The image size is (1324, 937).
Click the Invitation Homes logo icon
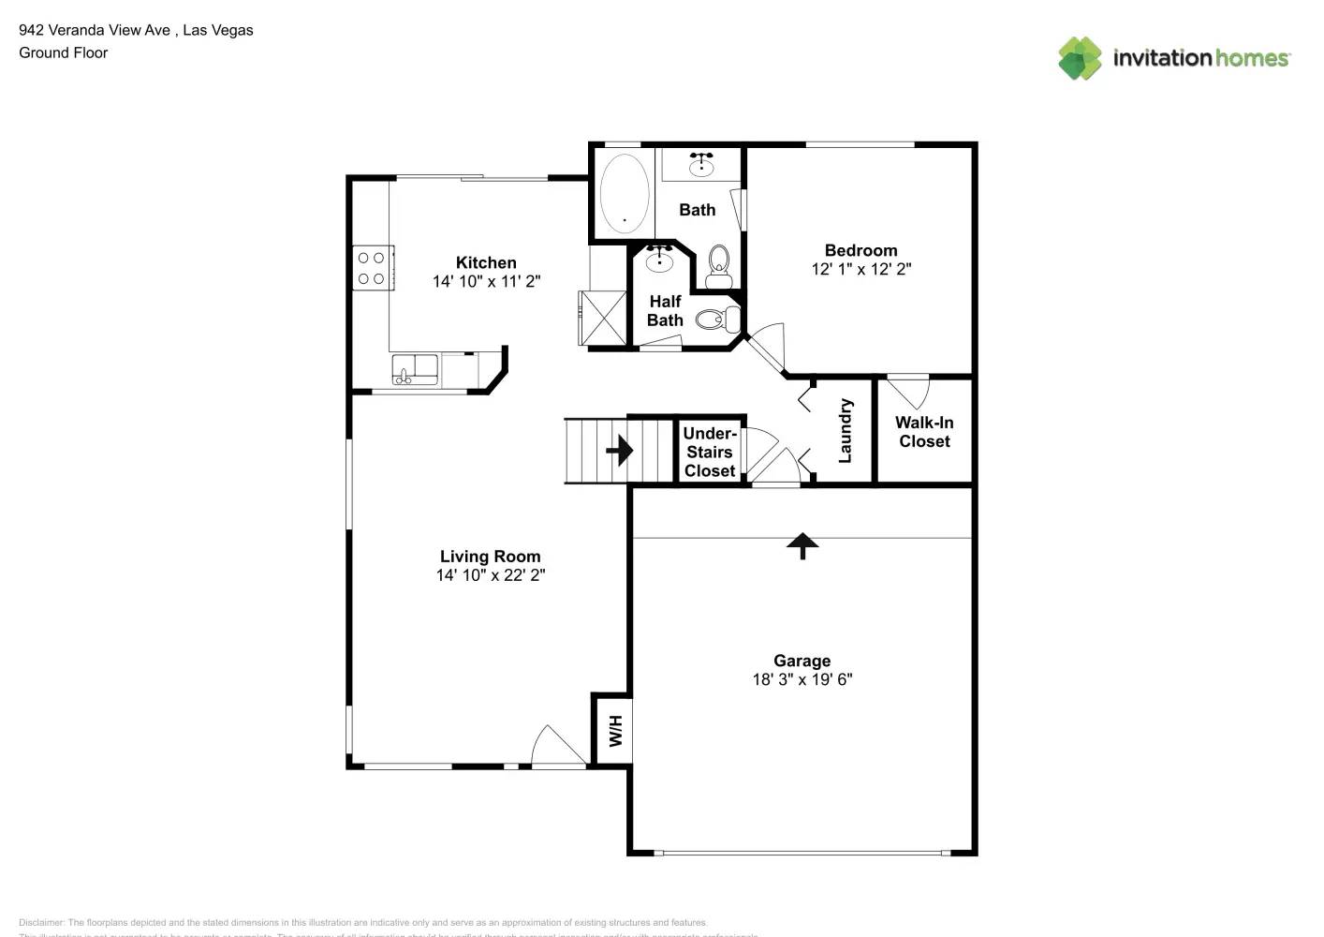click(1080, 58)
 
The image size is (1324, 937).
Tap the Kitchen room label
click(486, 263)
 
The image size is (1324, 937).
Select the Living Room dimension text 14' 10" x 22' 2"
click(491, 575)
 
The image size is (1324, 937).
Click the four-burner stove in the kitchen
click(372, 268)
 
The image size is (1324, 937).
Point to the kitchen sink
click(414, 368)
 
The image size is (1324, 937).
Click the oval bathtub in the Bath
click(625, 194)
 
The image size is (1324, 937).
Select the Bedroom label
click(861, 250)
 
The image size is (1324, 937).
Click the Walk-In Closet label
click(924, 432)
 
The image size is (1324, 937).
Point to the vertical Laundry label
click(846, 431)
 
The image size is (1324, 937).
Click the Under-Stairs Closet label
click(710, 452)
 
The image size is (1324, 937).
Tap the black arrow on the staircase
click(620, 451)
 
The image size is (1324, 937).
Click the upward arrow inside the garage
click(802, 545)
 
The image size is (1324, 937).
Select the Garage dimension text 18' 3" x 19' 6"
click(802, 679)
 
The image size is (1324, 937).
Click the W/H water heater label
click(615, 730)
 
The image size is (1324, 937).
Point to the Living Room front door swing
click(556, 748)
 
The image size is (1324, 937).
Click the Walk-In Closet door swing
click(909, 391)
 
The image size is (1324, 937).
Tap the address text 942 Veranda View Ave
click(95, 30)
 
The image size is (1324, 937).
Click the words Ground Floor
click(64, 52)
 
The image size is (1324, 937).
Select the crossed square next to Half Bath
click(603, 319)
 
